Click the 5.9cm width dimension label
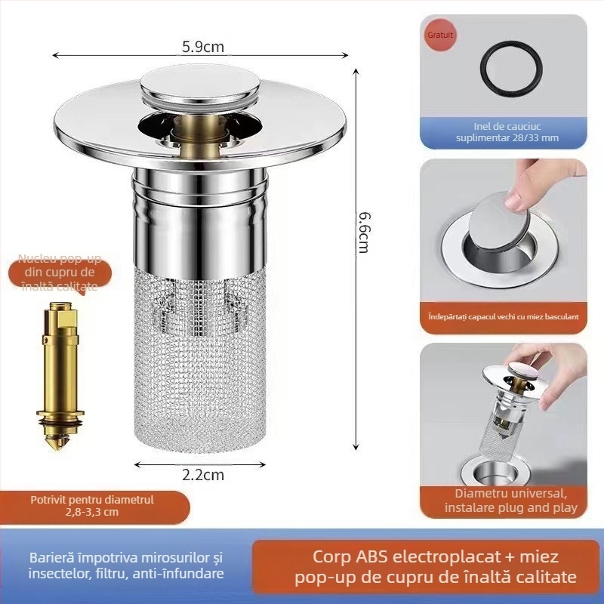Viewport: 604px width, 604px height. [x=203, y=46]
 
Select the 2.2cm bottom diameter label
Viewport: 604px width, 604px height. [x=203, y=475]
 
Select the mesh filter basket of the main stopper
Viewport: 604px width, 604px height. [x=202, y=355]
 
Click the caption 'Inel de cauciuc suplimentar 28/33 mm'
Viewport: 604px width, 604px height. [x=502, y=132]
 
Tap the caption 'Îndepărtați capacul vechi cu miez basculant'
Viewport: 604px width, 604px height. [x=503, y=316]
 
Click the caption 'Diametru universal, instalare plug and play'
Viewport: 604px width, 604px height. [x=503, y=501]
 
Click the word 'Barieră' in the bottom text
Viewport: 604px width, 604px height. [x=54, y=558]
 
